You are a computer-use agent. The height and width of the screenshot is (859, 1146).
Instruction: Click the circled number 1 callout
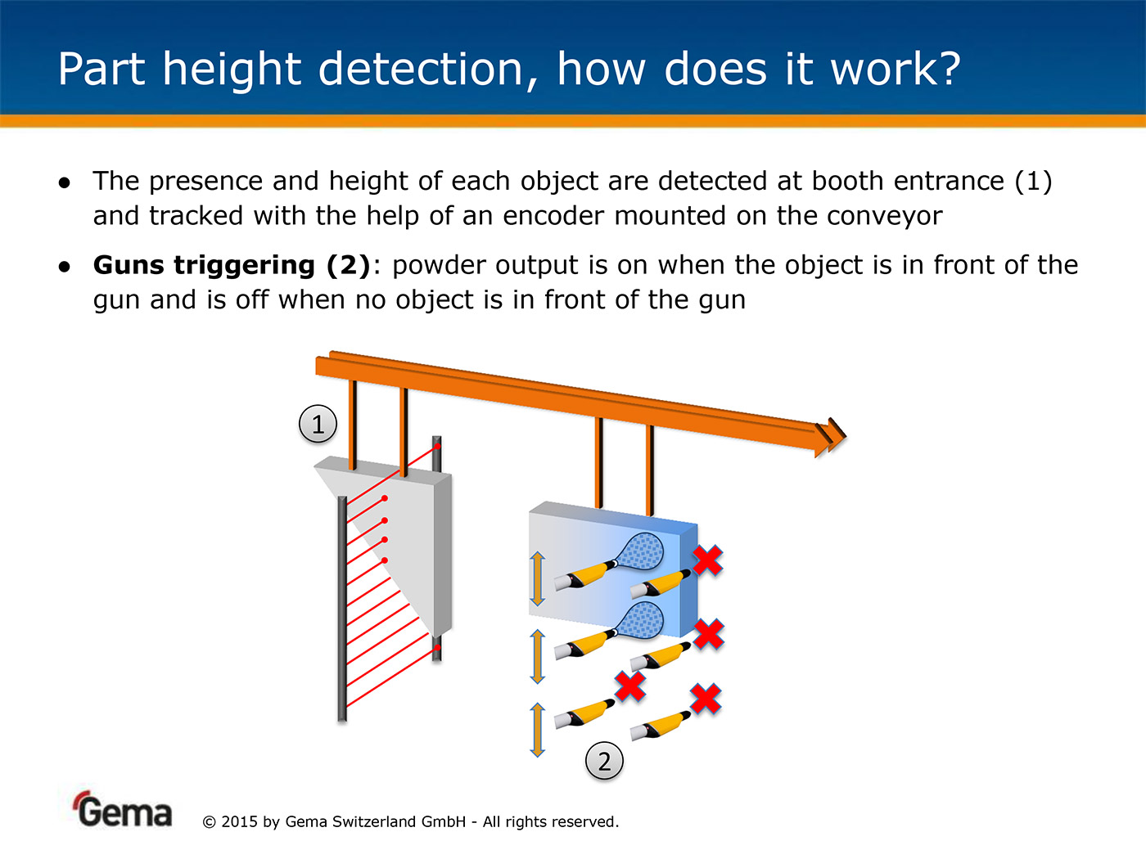[318, 424]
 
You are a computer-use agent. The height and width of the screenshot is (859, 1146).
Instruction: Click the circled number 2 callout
[604, 761]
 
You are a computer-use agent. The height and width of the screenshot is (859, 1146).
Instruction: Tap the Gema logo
[123, 809]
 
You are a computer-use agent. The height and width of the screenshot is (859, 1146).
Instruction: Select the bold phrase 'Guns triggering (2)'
[232, 265]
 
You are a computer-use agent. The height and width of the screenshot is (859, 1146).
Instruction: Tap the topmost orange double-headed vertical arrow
[537, 579]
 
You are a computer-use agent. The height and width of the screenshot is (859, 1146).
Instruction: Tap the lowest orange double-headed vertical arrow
[537, 730]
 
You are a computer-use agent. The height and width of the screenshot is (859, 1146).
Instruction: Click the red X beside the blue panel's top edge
[708, 560]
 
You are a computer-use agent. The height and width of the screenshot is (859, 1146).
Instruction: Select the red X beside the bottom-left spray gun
[630, 686]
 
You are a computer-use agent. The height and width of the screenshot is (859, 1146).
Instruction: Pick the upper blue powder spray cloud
[641, 551]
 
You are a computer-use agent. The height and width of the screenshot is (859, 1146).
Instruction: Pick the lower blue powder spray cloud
[641, 620]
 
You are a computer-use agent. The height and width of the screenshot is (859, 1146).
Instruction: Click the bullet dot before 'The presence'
[64, 182]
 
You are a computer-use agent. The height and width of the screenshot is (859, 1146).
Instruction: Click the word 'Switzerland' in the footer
[374, 822]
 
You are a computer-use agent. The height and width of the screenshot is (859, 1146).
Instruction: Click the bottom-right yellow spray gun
[660, 726]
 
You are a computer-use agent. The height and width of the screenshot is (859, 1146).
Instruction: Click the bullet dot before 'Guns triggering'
[64, 267]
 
